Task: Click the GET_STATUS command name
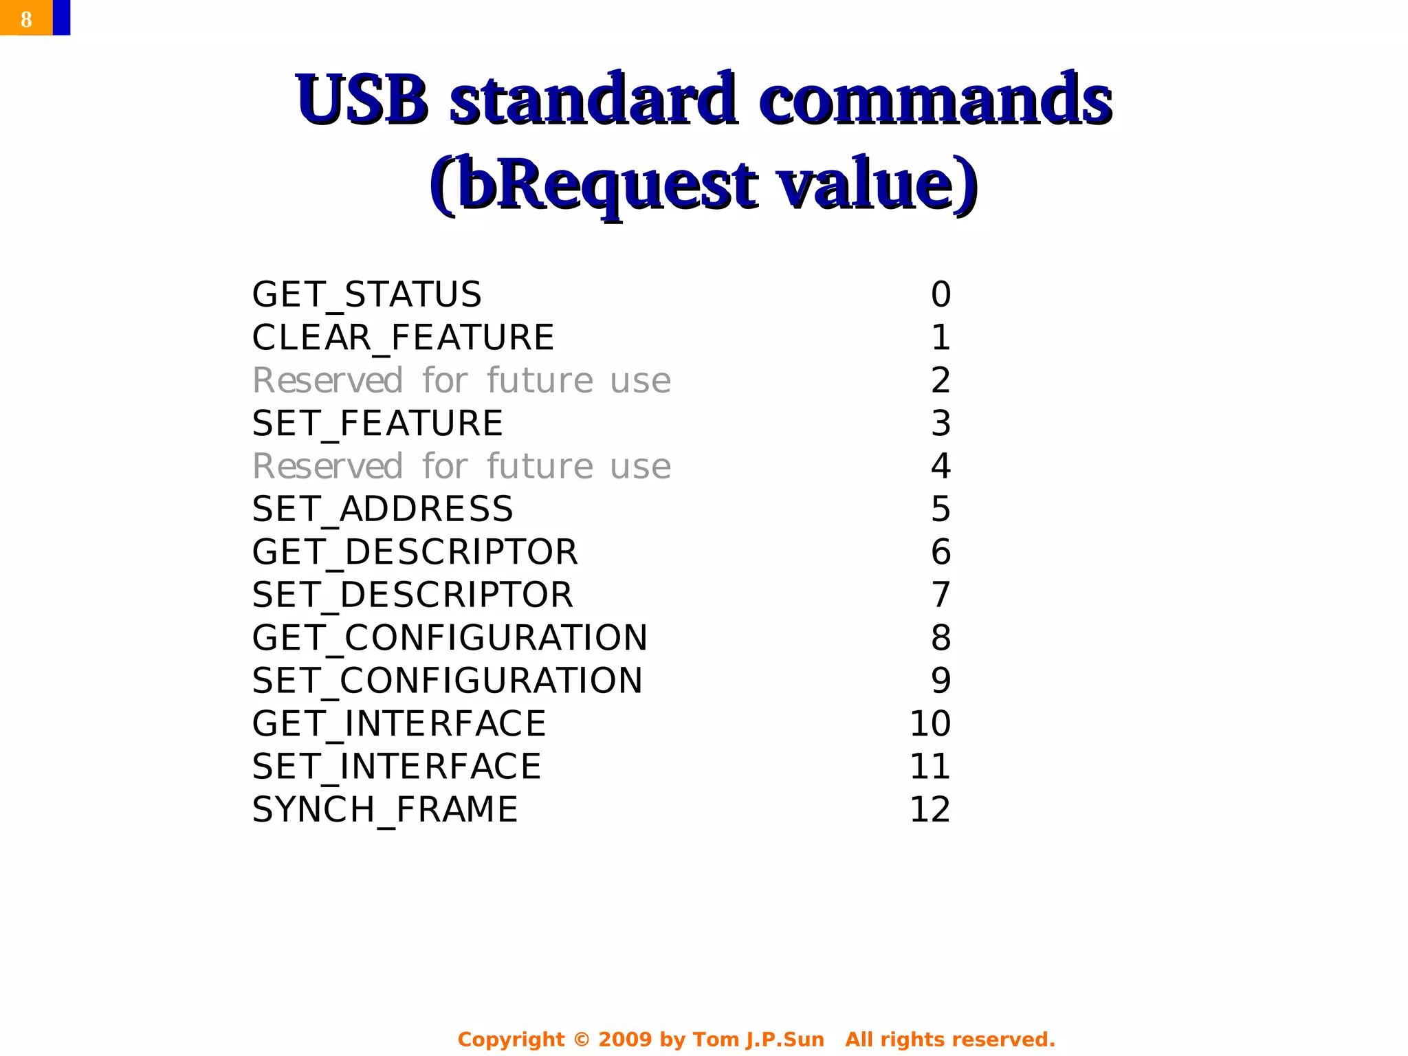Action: [x=366, y=295]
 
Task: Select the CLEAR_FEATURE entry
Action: [x=403, y=338]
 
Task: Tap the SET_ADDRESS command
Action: [x=382, y=509]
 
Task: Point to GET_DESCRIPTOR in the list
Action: [x=415, y=552]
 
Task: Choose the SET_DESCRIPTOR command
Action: [x=412, y=595]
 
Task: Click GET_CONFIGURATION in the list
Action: [x=450, y=638]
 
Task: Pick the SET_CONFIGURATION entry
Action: [x=447, y=681]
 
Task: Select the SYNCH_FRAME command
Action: [x=384, y=810]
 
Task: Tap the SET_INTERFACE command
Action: [x=397, y=767]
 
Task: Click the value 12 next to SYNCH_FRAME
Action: [x=929, y=810]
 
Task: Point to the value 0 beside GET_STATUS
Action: [x=940, y=295]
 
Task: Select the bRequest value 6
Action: [x=940, y=552]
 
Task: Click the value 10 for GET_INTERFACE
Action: [x=929, y=724]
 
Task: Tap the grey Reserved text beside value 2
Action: [x=461, y=381]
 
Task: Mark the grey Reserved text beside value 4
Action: [x=461, y=467]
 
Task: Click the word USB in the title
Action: [x=362, y=100]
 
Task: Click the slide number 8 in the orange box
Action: [x=26, y=19]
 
